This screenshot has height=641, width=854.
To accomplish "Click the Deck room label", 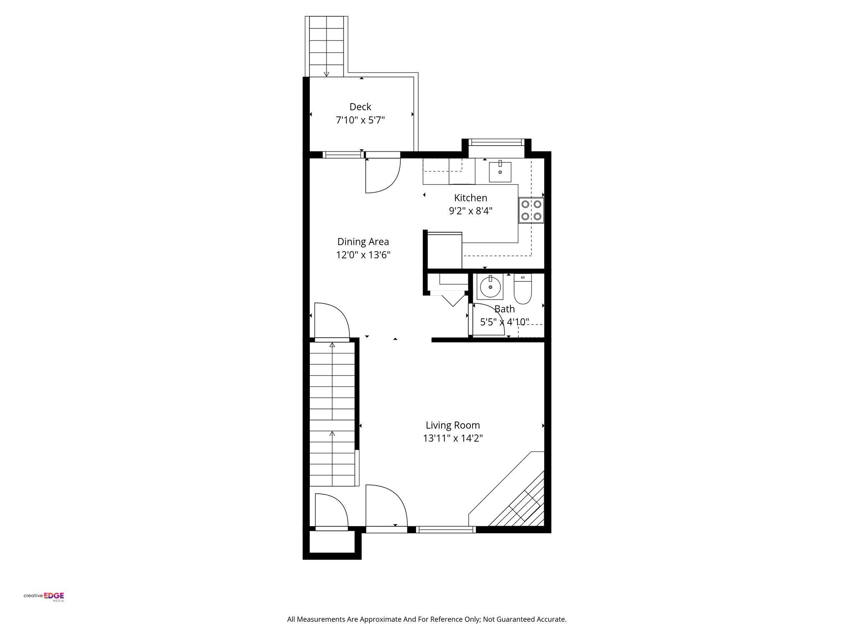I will click(x=360, y=107).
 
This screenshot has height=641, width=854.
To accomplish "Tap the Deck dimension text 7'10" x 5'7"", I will click(x=360, y=121).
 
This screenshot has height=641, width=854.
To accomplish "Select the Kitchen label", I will click(x=470, y=198).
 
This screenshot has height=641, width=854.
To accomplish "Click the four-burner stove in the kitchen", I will click(x=531, y=210).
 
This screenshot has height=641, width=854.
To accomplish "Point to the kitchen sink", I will click(x=500, y=172).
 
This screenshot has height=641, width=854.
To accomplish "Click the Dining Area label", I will click(x=363, y=242).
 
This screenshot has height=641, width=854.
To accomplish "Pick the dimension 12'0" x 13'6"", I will click(x=363, y=255).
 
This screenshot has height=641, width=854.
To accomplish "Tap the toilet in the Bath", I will click(x=522, y=290).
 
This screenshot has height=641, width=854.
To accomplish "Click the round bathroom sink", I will click(x=490, y=287).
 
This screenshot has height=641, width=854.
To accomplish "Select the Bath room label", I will click(x=504, y=309).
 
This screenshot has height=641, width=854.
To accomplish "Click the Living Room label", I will click(x=452, y=425).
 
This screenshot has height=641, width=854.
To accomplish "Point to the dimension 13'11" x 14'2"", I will click(x=452, y=439).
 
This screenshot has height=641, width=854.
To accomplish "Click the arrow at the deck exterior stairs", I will click(x=327, y=74).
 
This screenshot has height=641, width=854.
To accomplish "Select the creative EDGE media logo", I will click(x=44, y=596).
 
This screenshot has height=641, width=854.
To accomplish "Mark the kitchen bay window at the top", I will click(x=496, y=143).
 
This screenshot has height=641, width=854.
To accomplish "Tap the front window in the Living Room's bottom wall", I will click(x=446, y=530).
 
